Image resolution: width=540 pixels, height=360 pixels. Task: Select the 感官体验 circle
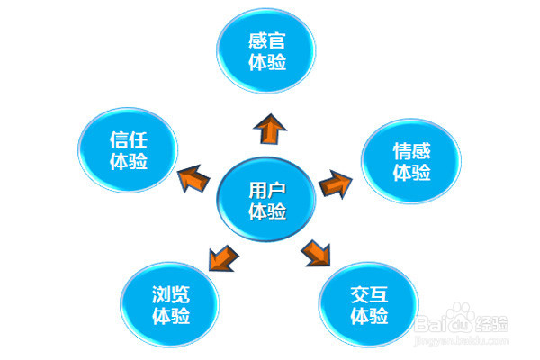pos(266,52)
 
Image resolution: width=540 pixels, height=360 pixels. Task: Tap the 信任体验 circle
pos(128,149)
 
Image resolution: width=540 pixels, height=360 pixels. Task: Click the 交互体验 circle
pos(368,306)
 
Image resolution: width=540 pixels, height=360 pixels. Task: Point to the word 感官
pos(266,40)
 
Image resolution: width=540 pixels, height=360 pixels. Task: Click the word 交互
pos(368,295)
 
